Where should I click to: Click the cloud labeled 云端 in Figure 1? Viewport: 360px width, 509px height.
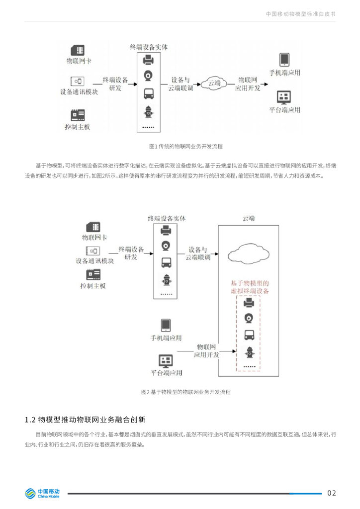tap(214, 84)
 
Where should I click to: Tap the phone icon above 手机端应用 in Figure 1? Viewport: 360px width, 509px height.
tap(284, 60)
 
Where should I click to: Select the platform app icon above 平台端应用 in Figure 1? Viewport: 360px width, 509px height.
tap(284, 97)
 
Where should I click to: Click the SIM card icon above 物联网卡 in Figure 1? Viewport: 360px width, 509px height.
tap(78, 50)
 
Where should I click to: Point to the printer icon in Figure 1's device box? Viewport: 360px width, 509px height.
tap(148, 60)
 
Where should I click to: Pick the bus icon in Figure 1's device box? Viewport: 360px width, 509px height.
tap(148, 93)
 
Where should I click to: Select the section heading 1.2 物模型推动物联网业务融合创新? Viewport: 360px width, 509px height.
tap(85, 420)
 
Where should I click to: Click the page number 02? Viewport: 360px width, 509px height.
tap(332, 493)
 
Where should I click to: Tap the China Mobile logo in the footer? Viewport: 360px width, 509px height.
tap(42, 493)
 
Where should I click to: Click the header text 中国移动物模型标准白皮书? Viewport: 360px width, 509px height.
tap(300, 14)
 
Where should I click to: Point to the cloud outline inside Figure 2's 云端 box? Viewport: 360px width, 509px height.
tap(249, 253)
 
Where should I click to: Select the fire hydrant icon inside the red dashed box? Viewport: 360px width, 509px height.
tap(249, 353)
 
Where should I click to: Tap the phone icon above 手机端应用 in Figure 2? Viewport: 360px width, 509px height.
tap(166, 325)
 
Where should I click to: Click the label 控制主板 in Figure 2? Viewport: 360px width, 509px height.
tap(93, 286)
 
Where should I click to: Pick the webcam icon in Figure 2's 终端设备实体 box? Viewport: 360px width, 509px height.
tap(166, 246)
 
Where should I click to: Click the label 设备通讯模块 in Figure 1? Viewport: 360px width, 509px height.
tap(79, 92)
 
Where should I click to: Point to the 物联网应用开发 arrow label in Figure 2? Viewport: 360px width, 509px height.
tap(206, 350)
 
